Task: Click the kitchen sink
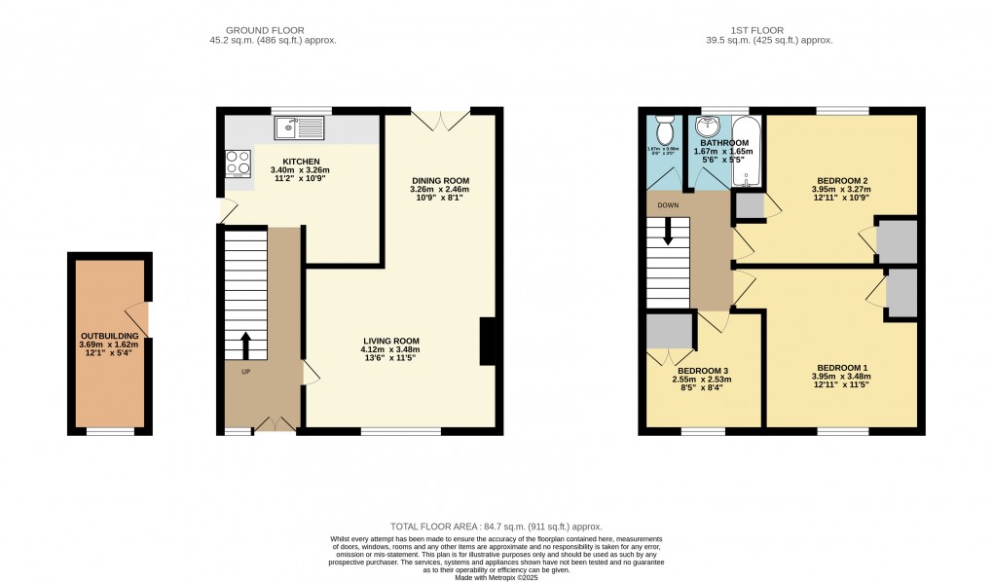pos(299,127)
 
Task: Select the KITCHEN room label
pos(301,162)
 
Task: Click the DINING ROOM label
pos(441,181)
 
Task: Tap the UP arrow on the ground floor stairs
pos(244,345)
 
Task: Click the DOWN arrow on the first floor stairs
pos(668,232)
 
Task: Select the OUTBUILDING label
pos(109,336)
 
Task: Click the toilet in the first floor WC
pos(666,128)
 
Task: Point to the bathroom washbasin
pos(706,127)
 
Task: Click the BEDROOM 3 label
pos(704,371)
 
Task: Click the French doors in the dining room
pos(441,120)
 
